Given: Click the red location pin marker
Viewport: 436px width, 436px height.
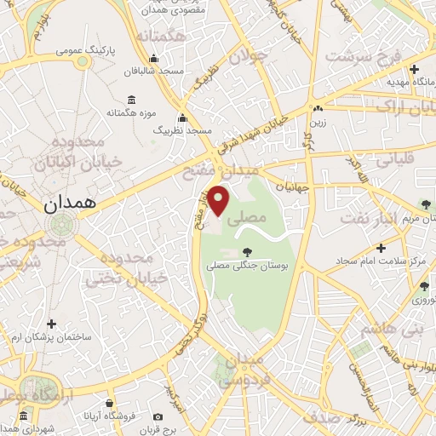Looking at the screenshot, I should (x=220, y=201).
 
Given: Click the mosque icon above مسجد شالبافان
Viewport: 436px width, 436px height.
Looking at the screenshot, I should (x=153, y=59).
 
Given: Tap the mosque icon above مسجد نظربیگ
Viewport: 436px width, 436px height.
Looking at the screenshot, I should (x=181, y=119).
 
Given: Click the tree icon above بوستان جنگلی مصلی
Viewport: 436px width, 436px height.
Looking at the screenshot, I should (x=247, y=251).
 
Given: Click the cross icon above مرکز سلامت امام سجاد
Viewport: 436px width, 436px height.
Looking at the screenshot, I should (x=381, y=248).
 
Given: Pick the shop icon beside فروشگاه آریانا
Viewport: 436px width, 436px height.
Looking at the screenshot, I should (x=110, y=404).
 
